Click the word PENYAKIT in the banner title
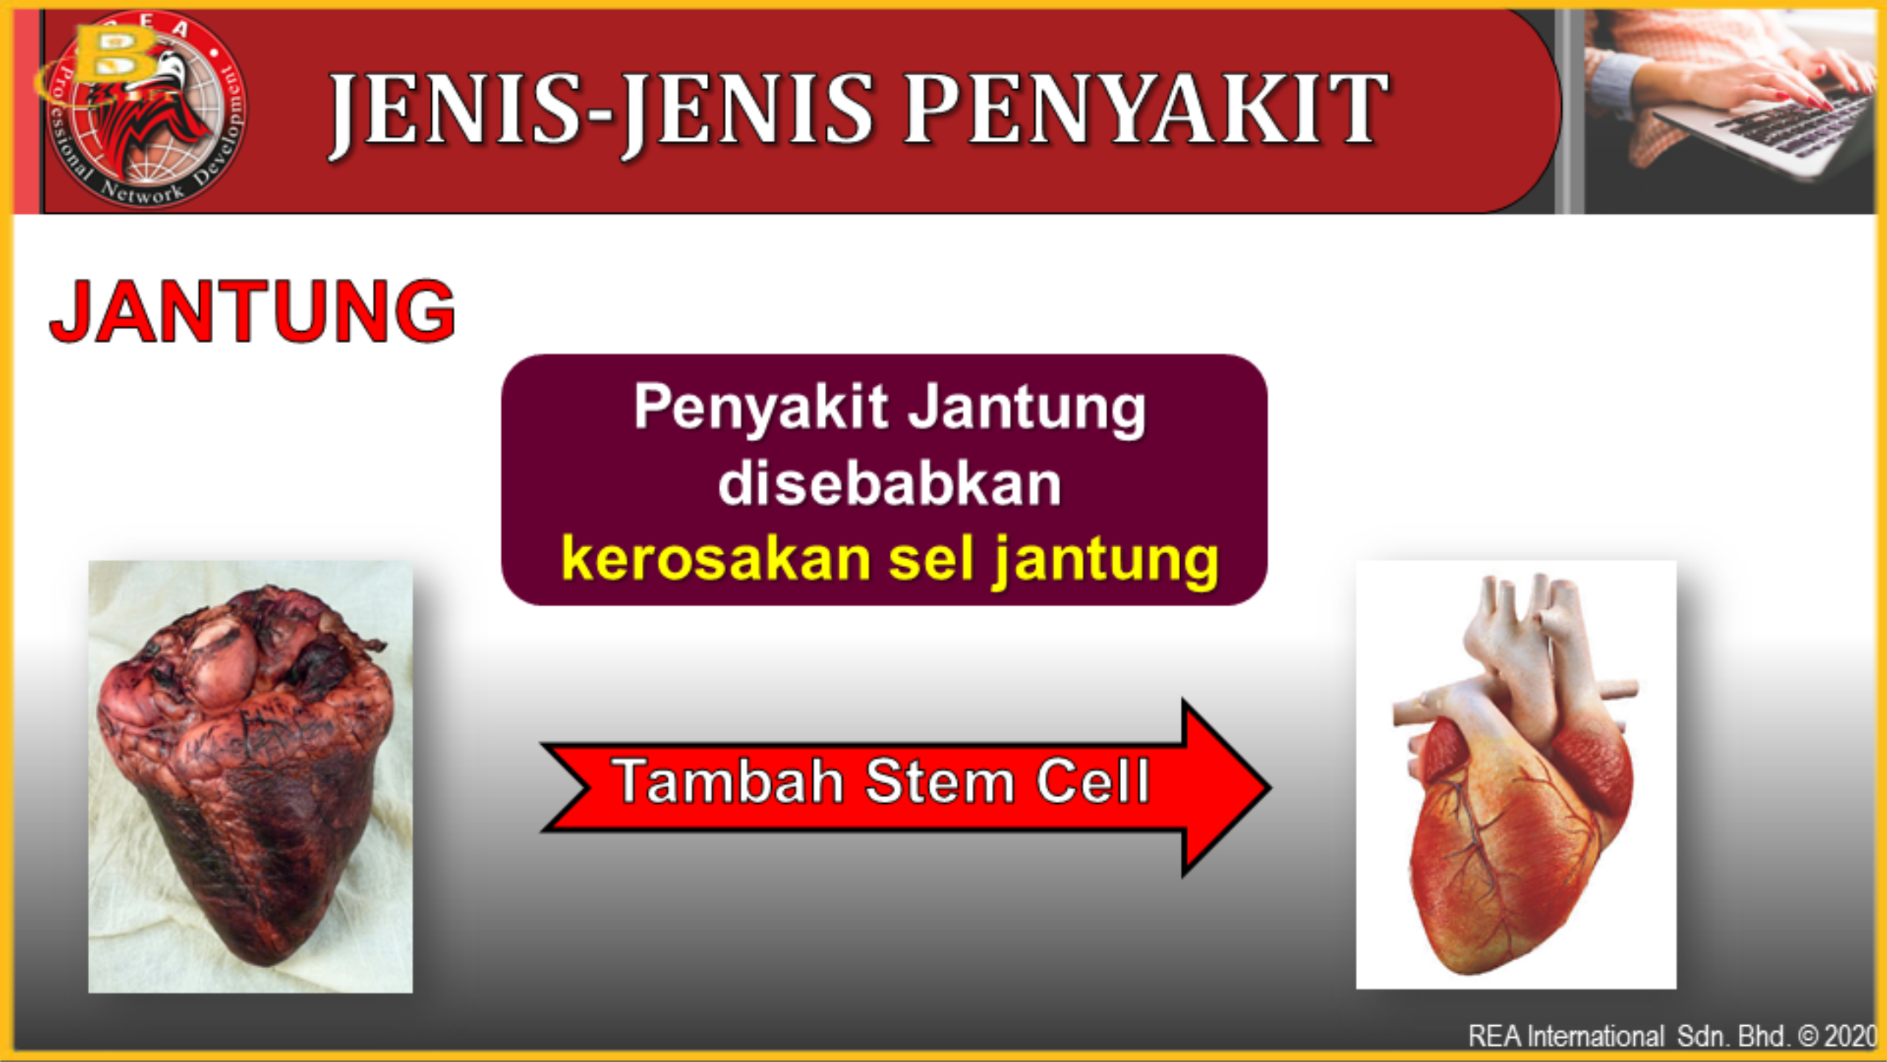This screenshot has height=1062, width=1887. tap(1145, 109)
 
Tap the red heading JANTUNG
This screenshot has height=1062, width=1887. tap(252, 311)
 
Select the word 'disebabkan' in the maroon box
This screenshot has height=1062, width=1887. tap(890, 484)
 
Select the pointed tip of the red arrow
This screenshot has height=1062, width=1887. tap(1269, 787)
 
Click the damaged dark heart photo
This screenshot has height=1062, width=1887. tap(251, 776)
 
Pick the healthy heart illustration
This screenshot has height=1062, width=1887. tap(1516, 774)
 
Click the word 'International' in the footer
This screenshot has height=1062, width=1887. tap(1595, 1036)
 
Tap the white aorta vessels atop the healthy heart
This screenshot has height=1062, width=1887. tap(1526, 634)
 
